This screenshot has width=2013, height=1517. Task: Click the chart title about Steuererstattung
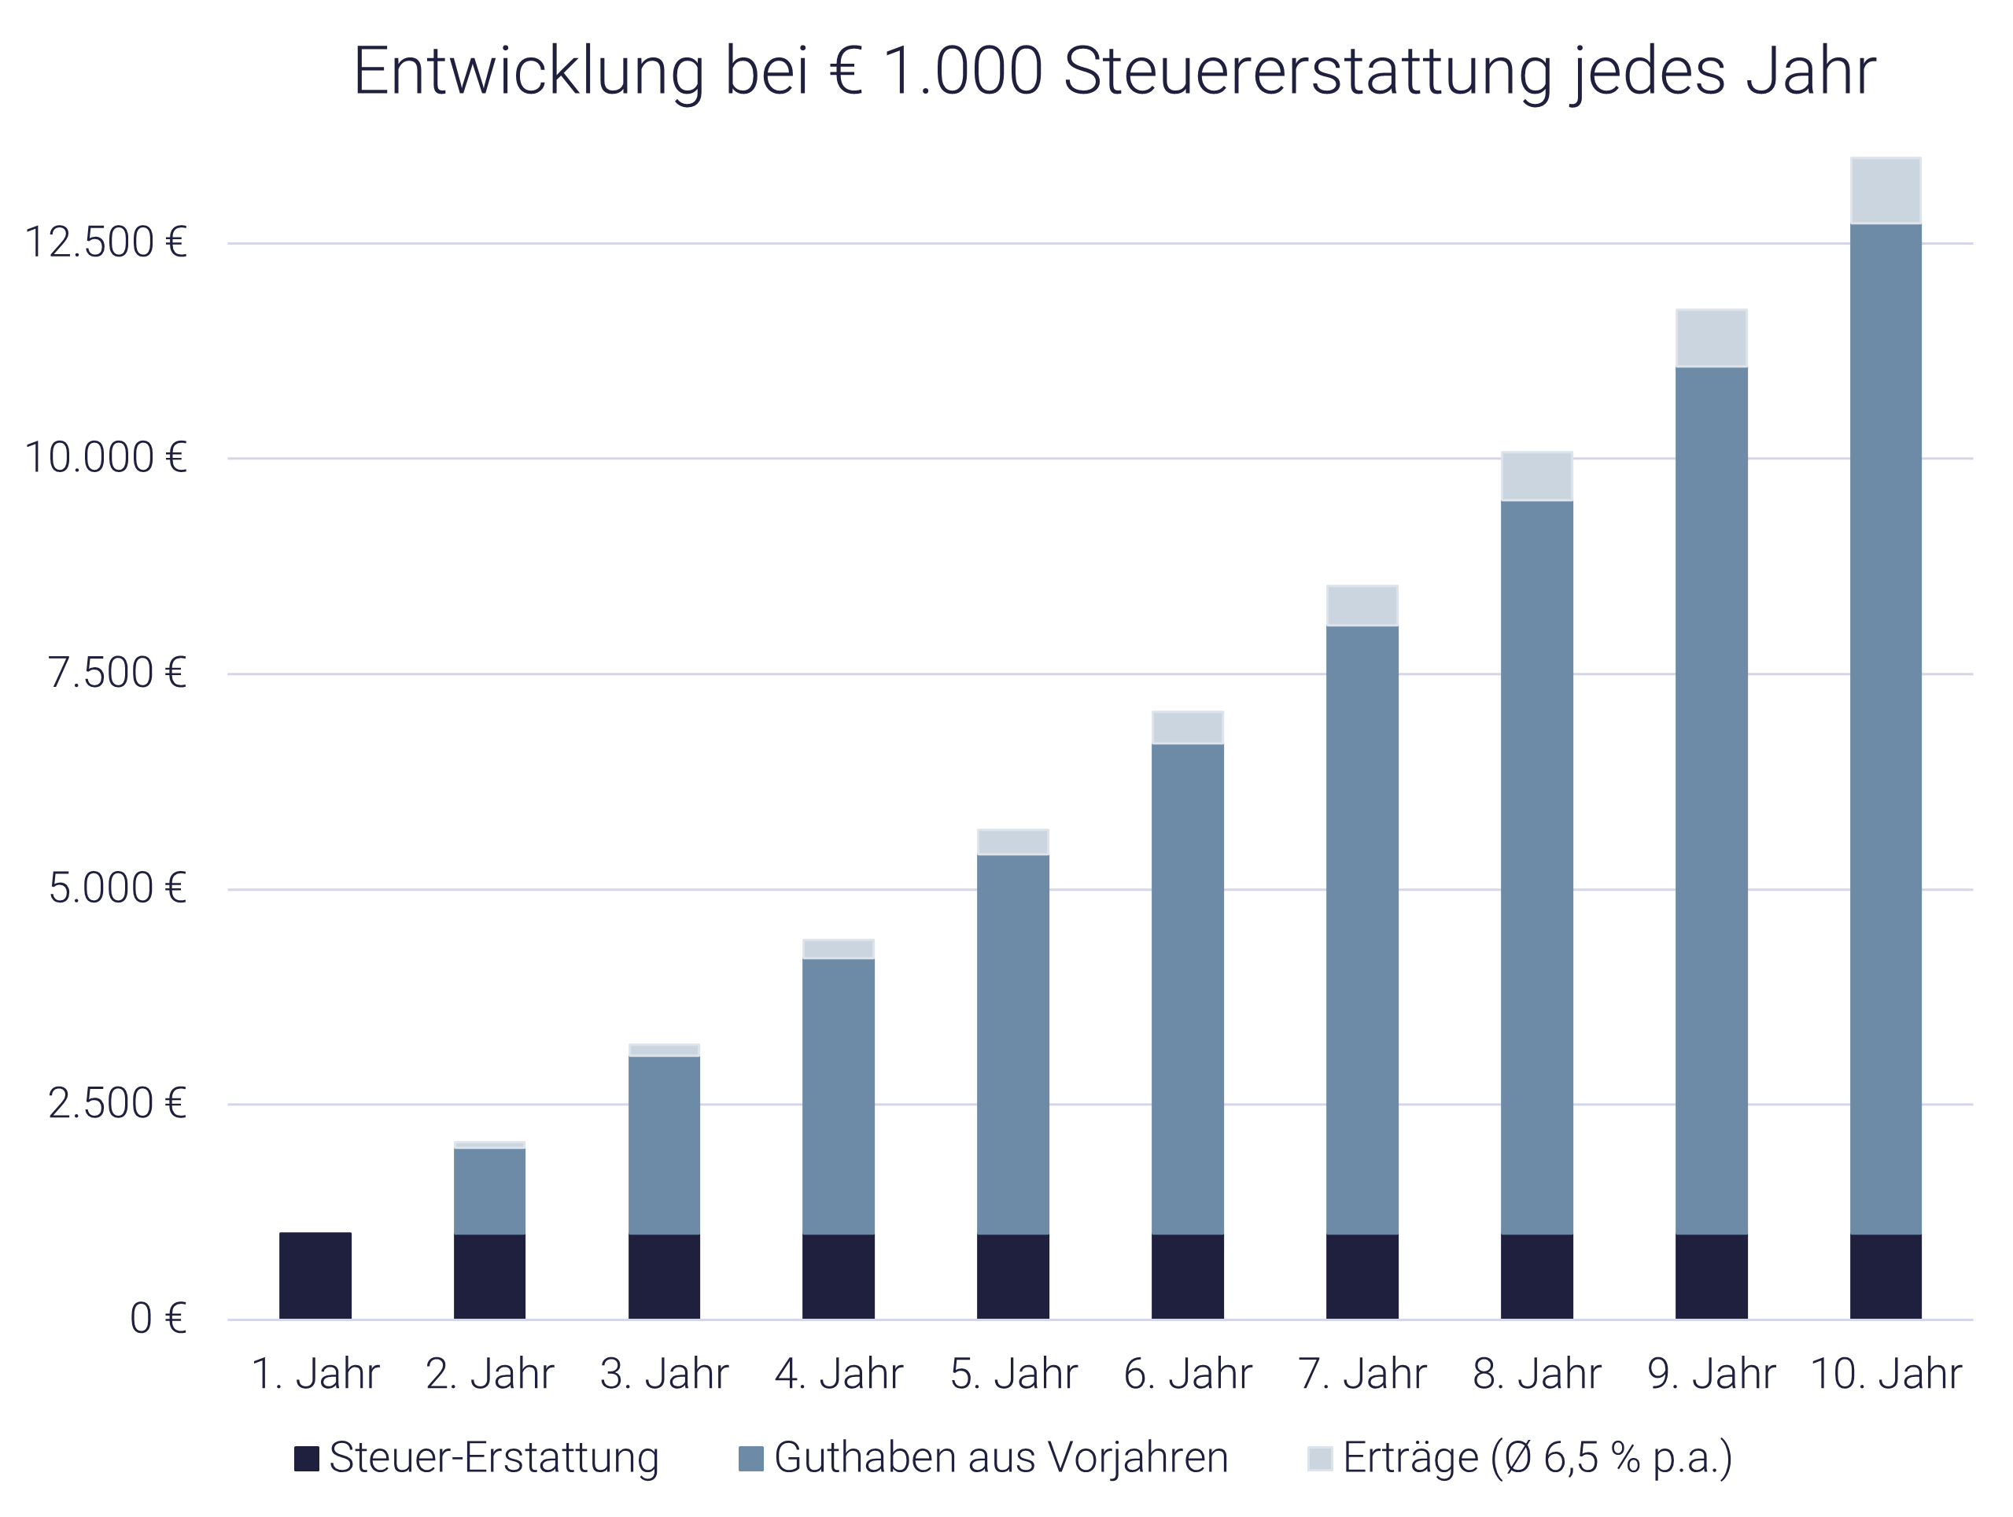1114,71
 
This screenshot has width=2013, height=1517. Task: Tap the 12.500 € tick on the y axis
105,243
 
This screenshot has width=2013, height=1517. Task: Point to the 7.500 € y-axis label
116,674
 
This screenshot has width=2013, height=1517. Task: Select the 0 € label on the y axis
157,1319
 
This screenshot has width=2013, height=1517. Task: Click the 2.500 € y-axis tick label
116,1104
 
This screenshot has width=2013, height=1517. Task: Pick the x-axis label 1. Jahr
315,1374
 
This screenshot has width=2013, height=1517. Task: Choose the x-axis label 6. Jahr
1188,1374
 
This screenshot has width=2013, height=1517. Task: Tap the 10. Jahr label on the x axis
1886,1374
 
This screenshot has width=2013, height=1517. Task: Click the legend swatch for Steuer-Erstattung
307,1459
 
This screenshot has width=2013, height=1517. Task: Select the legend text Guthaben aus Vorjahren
1001,1458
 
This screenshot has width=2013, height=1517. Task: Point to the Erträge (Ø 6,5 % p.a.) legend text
1537,1458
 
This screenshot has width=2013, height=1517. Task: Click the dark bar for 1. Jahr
315,1276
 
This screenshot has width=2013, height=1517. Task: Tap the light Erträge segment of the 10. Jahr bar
1886,191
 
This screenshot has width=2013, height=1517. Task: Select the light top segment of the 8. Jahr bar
1537,476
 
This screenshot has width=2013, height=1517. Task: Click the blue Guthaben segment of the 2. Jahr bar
489,1191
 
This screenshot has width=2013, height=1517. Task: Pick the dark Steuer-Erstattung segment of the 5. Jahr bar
1013,1277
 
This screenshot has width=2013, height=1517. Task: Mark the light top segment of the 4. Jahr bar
838,949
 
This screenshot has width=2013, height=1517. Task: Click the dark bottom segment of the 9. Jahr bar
1711,1277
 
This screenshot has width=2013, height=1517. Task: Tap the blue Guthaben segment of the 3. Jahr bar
665,1145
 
